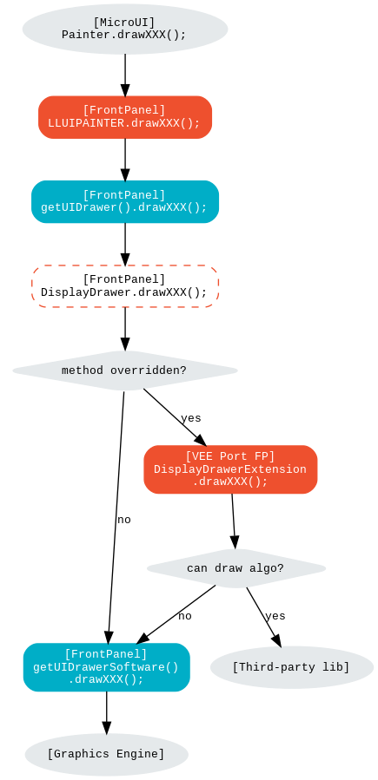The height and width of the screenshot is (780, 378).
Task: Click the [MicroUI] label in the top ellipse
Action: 124,23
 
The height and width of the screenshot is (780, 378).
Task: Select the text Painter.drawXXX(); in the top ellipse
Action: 124,35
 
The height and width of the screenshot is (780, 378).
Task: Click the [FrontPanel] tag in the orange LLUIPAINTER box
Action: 124,110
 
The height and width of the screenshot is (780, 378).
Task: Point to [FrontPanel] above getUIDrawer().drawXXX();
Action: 124,195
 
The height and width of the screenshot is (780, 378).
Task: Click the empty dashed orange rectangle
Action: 125,286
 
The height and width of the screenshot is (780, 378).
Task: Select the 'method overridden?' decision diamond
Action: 124,370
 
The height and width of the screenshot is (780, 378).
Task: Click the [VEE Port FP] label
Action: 230,456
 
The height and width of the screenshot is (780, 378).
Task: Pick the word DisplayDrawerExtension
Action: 230,469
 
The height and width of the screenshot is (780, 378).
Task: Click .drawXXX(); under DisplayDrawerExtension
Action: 230,482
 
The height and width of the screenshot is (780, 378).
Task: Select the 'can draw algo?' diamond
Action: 235,568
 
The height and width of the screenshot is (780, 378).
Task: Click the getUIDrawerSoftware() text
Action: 106,667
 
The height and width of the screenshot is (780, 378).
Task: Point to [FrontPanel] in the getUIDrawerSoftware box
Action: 106,654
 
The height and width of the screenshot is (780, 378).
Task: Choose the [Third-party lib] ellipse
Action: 291,667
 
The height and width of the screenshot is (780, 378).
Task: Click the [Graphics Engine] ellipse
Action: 106,754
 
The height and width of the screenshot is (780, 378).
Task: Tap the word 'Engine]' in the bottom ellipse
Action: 139,754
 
